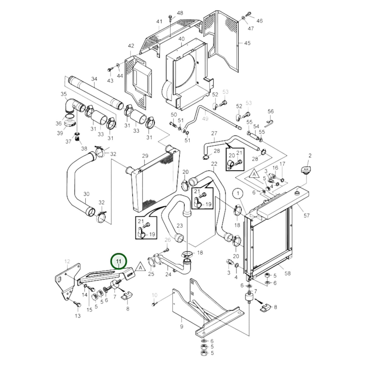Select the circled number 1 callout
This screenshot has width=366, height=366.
(x=238, y=194)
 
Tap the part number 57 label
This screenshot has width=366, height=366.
(x=306, y=216)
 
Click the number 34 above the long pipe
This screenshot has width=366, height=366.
(x=94, y=79)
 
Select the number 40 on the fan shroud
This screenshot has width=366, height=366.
(x=181, y=39)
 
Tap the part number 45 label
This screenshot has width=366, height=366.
(x=247, y=43)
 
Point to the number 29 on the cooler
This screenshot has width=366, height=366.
(x=145, y=156)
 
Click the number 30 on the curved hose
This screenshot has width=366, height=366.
(x=86, y=194)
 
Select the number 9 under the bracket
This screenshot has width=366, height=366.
(x=181, y=326)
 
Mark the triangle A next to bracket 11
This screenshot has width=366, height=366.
(x=140, y=267)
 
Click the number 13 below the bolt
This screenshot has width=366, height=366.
(x=78, y=316)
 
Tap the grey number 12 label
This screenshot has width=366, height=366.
(x=67, y=261)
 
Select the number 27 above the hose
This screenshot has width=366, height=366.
(x=214, y=133)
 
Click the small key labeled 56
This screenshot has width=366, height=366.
(x=269, y=123)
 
